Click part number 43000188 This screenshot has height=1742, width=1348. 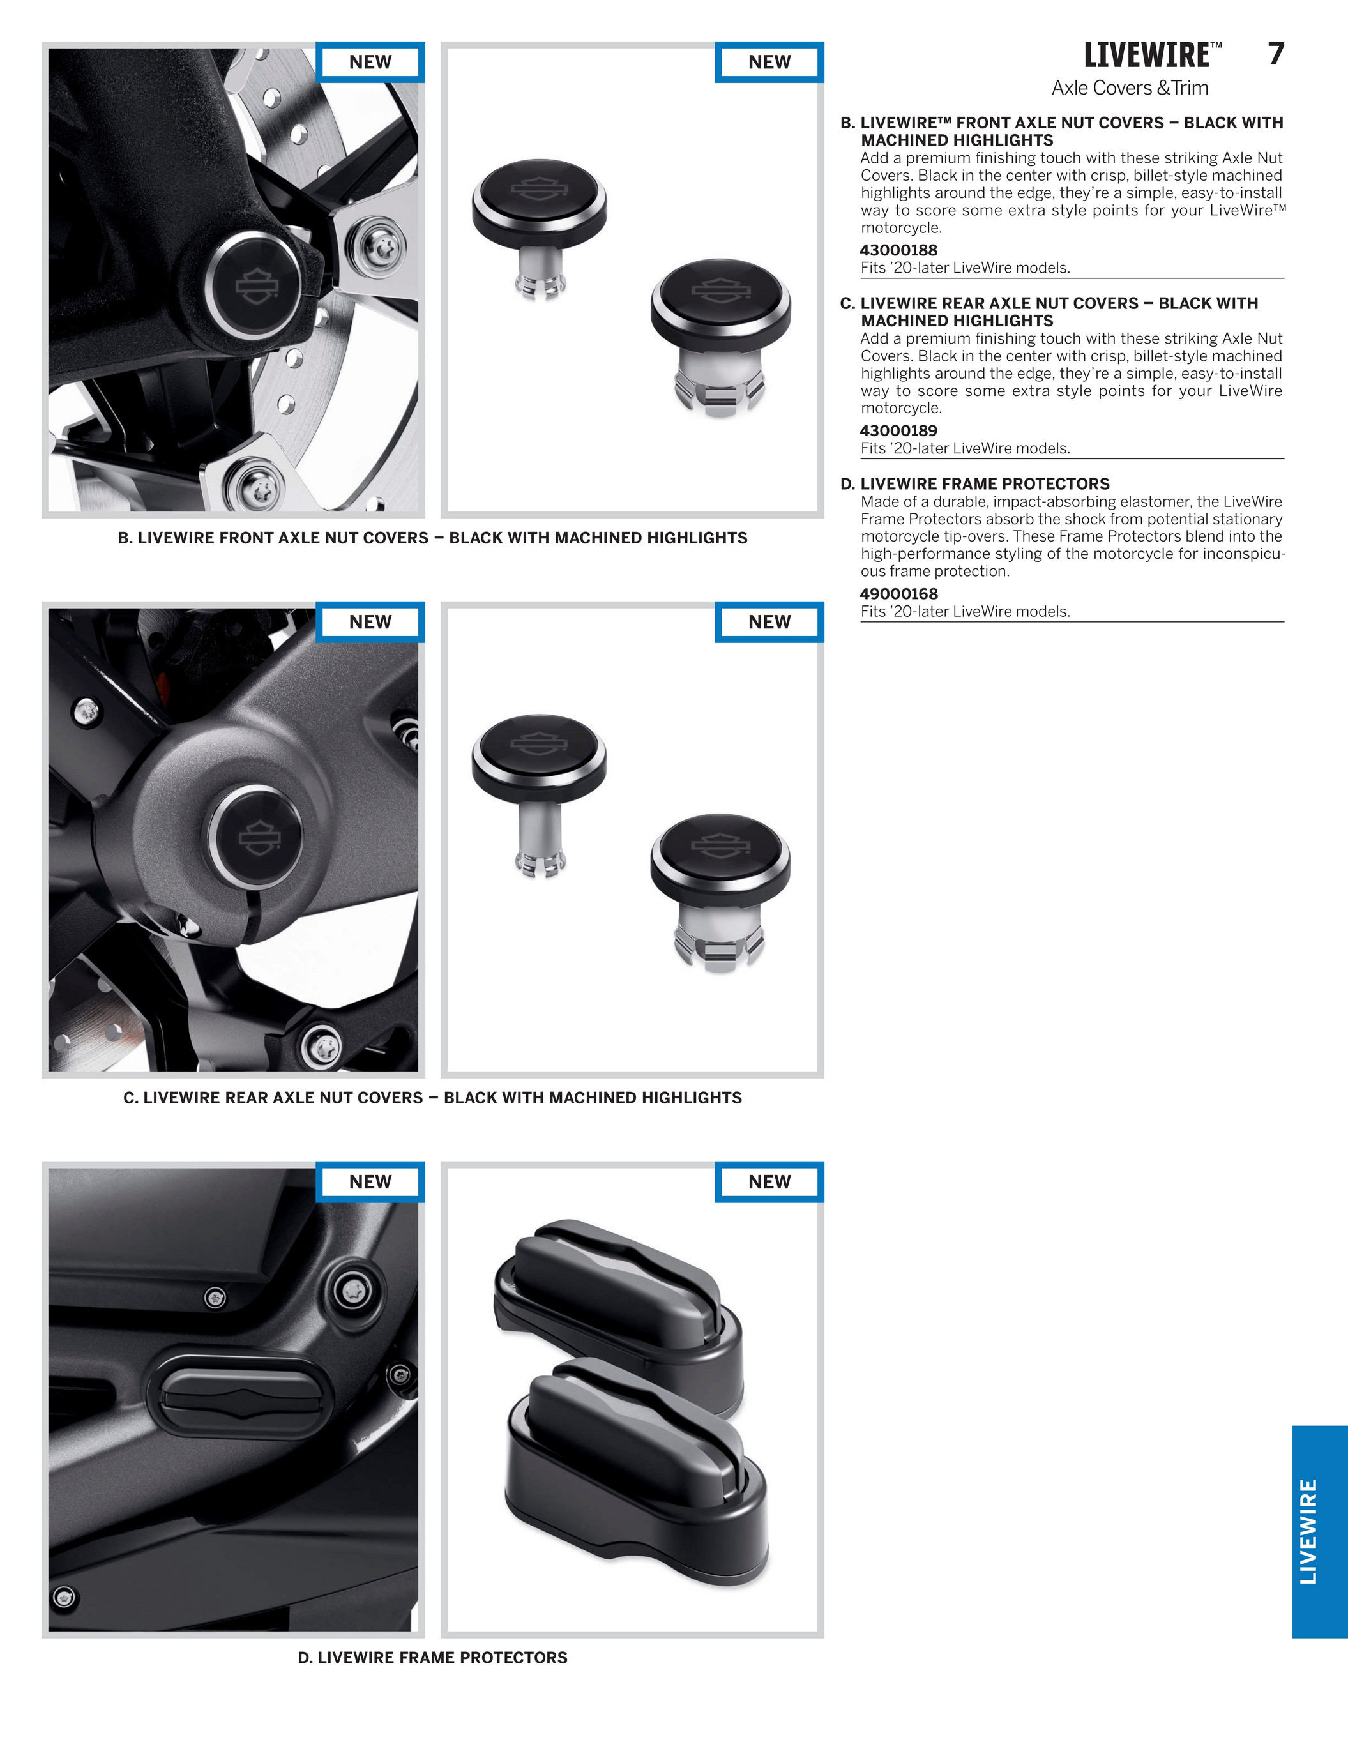tap(898, 250)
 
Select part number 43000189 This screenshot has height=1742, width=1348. tap(898, 431)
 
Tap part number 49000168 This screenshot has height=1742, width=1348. tap(898, 595)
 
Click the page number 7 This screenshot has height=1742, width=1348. tap(1275, 54)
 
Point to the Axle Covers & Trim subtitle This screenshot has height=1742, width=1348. tap(1130, 87)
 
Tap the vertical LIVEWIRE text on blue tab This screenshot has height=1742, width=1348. tap(1309, 1531)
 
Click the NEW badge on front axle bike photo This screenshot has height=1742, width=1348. tap(370, 62)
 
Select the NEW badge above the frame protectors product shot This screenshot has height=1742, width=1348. tap(769, 1182)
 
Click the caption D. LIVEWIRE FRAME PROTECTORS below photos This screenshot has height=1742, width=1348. tap(432, 1658)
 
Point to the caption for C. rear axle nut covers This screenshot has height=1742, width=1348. tap(432, 1098)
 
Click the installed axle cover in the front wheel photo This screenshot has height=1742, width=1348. tap(254, 284)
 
